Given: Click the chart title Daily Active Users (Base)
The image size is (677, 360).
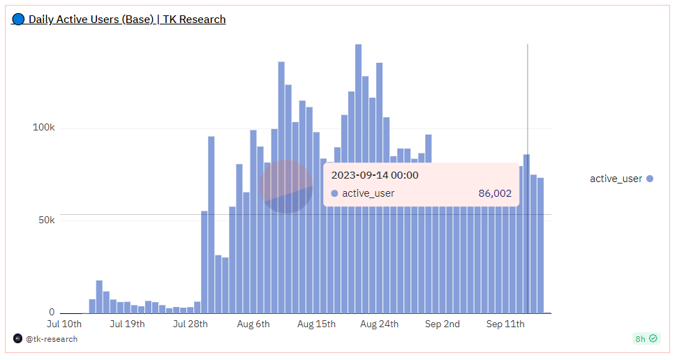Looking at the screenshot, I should click(91, 20).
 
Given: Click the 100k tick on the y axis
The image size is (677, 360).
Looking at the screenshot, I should click(43, 128).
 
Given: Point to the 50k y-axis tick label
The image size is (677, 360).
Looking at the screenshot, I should click(46, 220).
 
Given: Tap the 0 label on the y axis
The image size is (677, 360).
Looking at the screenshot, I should click(52, 313).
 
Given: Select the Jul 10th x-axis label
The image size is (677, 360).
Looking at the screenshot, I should click(64, 324).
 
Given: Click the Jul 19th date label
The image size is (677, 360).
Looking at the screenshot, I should click(128, 324).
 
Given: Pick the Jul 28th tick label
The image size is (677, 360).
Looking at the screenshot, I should click(190, 324).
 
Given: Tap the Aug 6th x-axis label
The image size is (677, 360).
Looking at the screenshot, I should click(253, 324).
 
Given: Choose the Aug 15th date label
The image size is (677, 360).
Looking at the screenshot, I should click(316, 324).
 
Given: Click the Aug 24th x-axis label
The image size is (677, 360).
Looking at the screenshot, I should click(380, 324).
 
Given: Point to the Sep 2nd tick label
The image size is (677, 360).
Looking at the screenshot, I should click(442, 324).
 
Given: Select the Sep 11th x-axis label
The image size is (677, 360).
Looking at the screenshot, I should click(505, 324).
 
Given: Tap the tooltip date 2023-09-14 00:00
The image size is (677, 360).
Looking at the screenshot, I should click(375, 175).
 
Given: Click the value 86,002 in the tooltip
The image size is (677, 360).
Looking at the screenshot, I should click(495, 193).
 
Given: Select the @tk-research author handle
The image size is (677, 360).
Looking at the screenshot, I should click(51, 339).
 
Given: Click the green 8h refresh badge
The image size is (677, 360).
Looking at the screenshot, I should click(646, 338).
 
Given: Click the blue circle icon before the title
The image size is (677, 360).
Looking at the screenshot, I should click(18, 20).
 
